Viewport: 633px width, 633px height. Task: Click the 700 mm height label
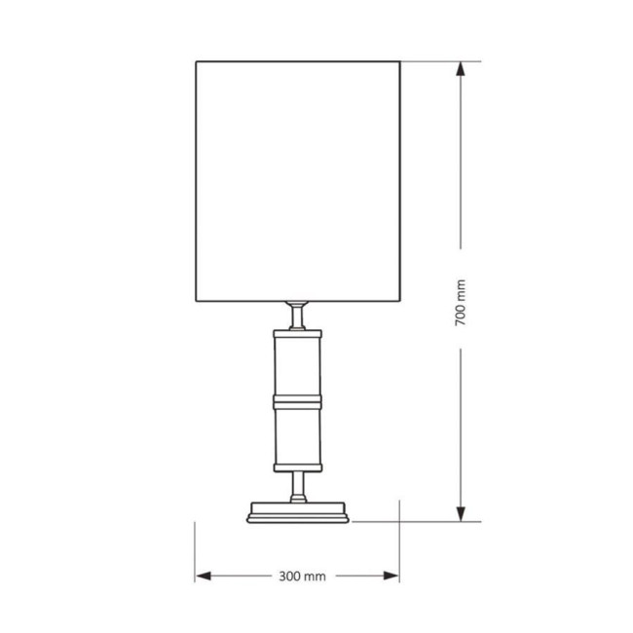(461, 303)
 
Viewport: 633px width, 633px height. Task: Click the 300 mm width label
(302, 577)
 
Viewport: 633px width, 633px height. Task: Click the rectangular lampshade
(298, 181)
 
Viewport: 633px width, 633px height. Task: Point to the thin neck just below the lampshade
(298, 314)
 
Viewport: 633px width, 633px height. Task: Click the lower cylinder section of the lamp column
(298, 433)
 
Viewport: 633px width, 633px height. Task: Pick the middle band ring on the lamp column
(298, 400)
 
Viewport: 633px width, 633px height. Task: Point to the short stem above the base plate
(298, 485)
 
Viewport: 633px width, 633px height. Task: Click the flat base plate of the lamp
(298, 511)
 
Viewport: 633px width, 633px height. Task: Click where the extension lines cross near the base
(399, 521)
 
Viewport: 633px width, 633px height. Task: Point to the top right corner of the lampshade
(400, 62)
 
